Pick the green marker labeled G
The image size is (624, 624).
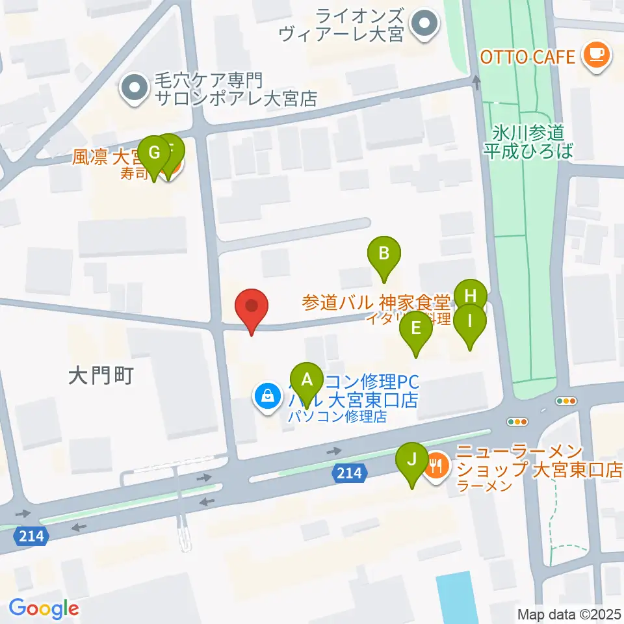pos(154,153)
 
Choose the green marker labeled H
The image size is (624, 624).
pos(470,296)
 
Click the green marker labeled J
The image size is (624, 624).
pos(411,460)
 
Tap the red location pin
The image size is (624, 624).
pos(252,308)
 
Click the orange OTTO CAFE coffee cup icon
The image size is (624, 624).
pos(597,57)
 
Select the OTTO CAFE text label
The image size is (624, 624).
pos(528,57)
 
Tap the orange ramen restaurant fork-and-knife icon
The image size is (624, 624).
pos(435,465)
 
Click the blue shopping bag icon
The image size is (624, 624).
pos(266,395)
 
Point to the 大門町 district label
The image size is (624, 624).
pos(101,375)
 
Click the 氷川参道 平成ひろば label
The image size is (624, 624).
pos(528,142)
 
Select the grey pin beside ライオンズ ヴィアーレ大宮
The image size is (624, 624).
pos(425,25)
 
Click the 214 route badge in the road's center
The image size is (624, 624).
pos(348,475)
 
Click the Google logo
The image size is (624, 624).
pos(44,608)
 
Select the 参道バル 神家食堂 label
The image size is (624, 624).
pos(376,302)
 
